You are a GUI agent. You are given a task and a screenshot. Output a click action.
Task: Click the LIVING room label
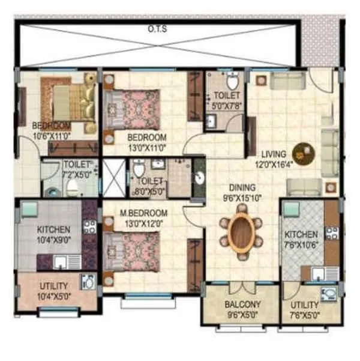(272, 153)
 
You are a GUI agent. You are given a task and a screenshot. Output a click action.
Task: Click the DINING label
(242, 187)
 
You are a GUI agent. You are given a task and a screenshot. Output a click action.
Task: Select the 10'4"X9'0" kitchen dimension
(53, 239)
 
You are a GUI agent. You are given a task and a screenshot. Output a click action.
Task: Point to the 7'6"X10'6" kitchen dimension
(302, 243)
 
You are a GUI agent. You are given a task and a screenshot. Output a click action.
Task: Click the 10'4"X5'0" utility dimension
(53, 296)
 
